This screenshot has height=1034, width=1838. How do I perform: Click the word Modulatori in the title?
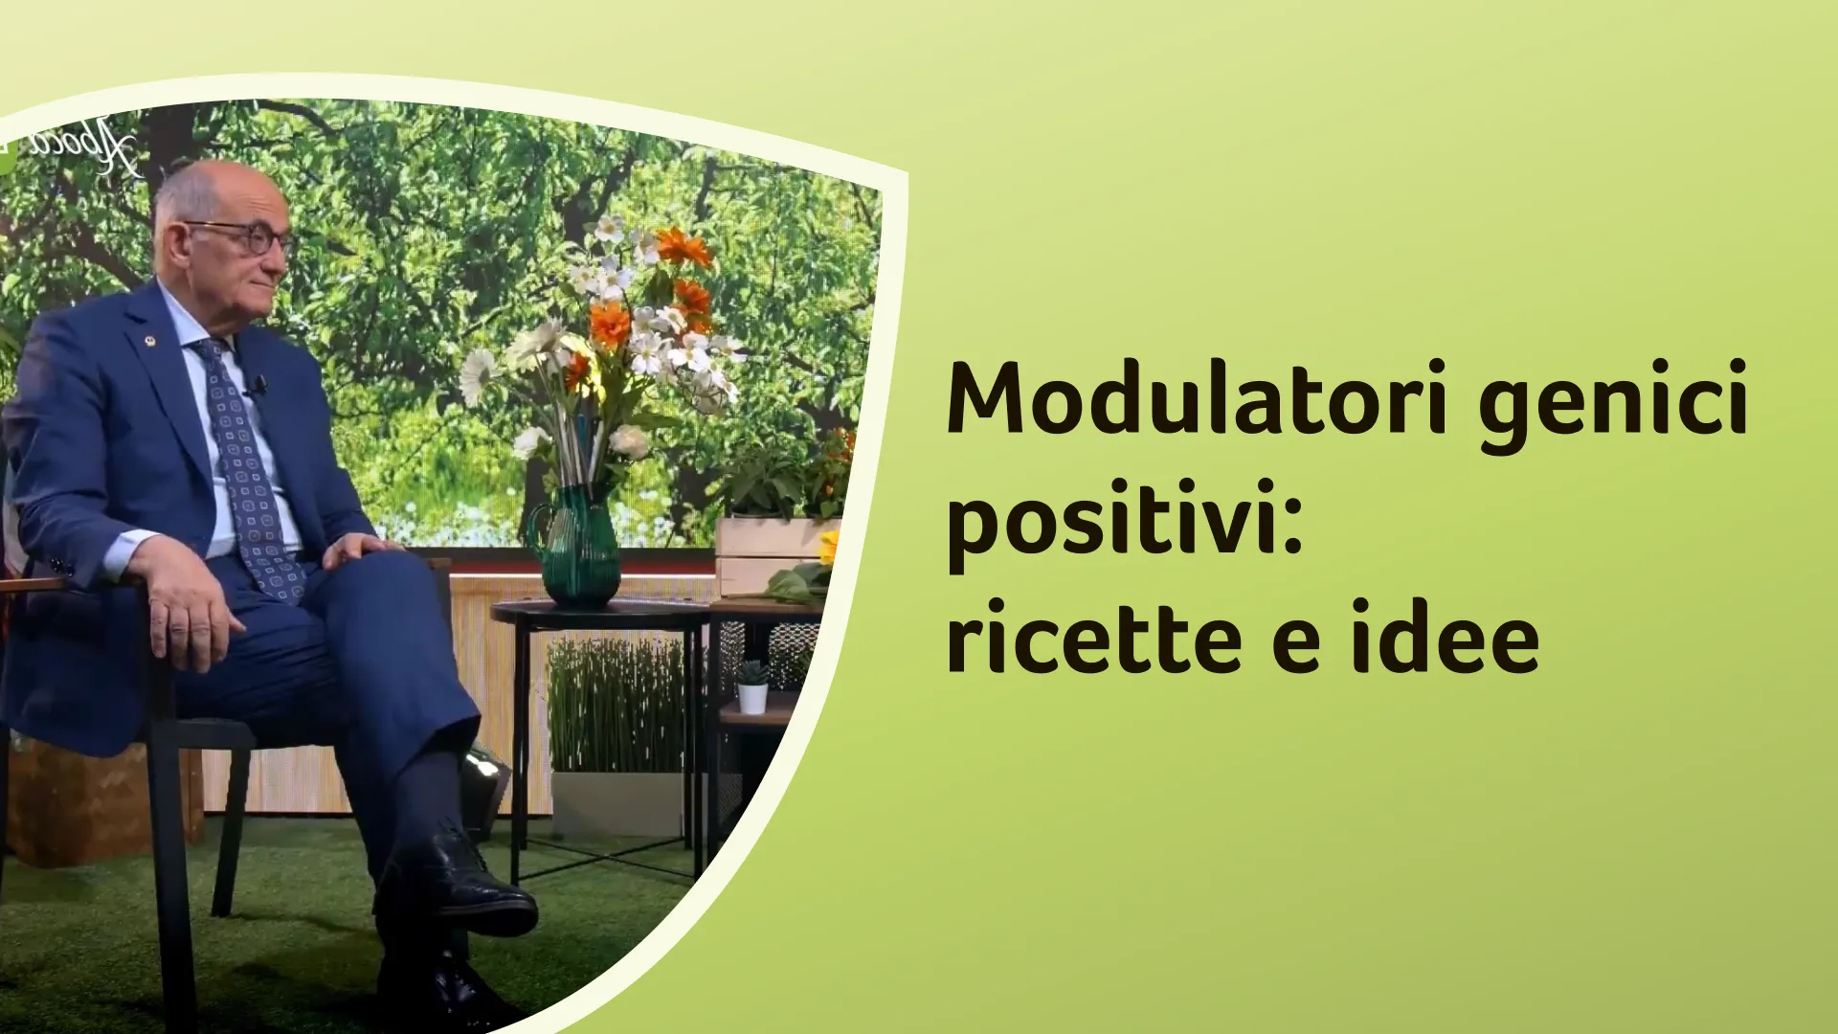point(1198,398)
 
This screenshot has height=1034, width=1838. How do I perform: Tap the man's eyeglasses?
point(239,236)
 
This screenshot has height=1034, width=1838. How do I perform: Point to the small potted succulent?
point(752,687)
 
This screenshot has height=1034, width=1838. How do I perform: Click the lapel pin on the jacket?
point(149,340)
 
